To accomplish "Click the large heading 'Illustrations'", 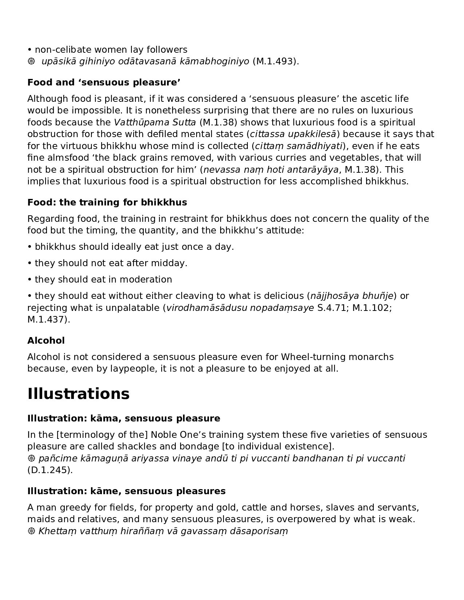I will (78, 394).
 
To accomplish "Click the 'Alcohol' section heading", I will (46, 341).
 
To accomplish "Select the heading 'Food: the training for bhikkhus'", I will (107, 202).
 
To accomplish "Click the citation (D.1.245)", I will (50, 470).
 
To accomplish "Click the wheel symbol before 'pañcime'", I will (31, 459).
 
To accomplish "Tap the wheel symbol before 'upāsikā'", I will (31, 61).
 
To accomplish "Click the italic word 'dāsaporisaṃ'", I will (259, 531).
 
